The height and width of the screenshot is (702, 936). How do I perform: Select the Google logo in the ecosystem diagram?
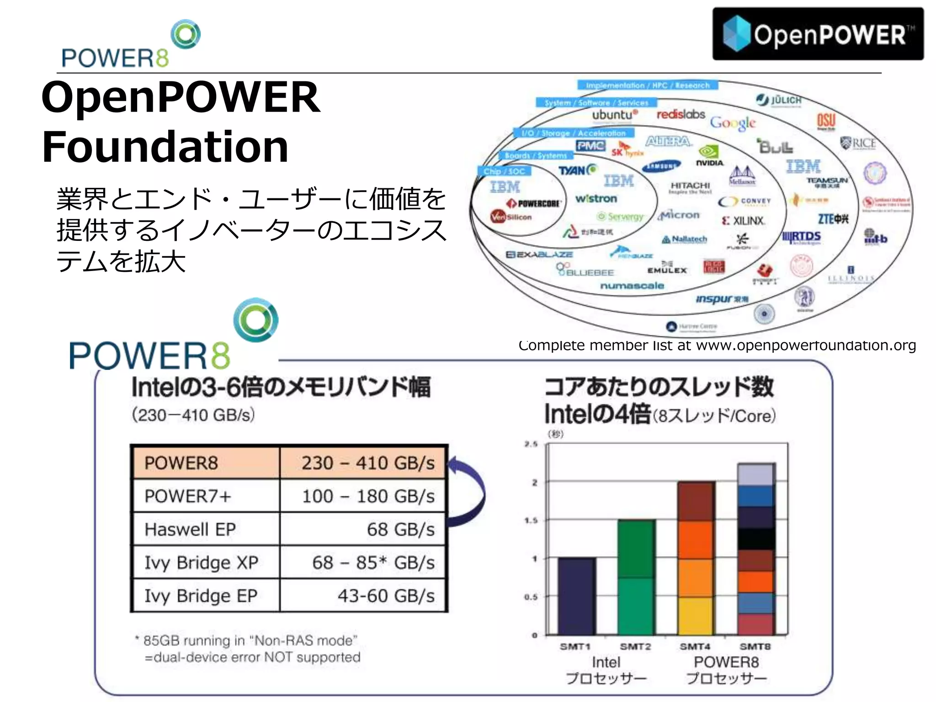732,123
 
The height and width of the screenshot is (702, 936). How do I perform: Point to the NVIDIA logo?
709,156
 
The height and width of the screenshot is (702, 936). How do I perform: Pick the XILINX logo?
744,221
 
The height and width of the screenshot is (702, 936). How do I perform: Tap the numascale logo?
632,286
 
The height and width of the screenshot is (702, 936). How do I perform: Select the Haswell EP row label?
190,529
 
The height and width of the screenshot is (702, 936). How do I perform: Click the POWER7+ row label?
187,496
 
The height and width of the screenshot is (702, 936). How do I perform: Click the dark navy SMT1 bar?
576,596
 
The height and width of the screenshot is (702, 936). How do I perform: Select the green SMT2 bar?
636,578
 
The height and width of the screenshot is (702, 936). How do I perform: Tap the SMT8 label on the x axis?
755,646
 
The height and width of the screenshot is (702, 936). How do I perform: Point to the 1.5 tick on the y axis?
531,521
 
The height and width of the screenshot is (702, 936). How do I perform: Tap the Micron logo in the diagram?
680,215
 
